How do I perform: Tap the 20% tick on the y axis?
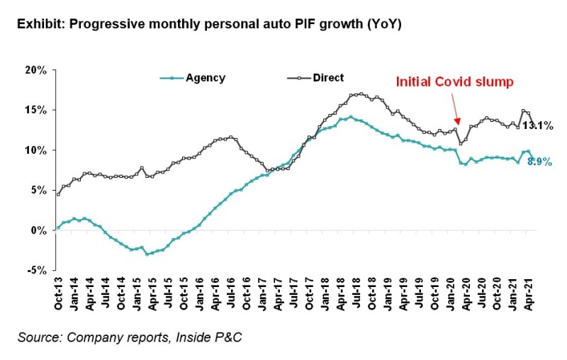point(36,71)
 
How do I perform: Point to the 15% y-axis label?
point(36,111)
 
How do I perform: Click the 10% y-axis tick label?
point(36,150)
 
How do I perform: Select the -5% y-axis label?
point(38,270)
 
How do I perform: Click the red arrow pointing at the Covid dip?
point(456,112)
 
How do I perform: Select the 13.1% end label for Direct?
point(537,125)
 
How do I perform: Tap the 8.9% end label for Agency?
point(540,162)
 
